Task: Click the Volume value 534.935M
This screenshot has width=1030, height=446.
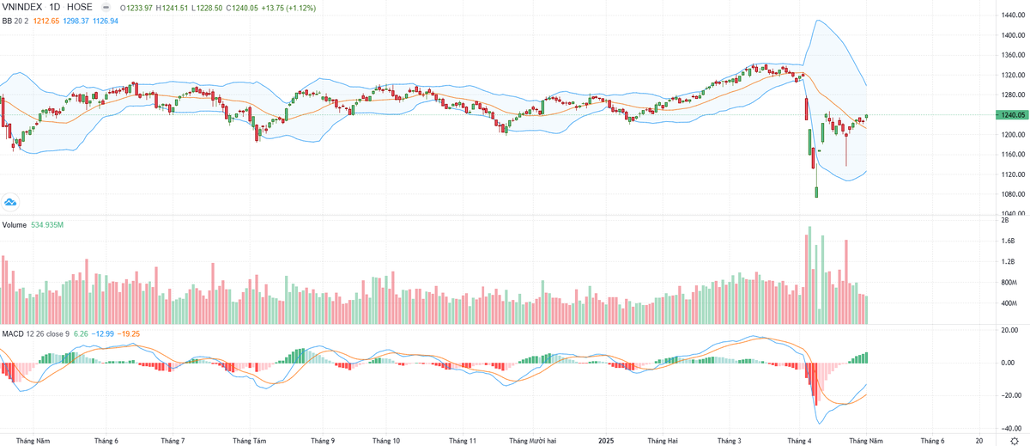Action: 49,224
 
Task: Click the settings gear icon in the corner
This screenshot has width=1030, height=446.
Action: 1013,440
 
